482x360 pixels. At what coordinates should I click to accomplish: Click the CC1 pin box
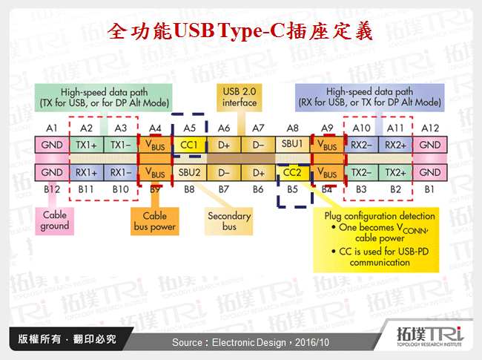coord(189,145)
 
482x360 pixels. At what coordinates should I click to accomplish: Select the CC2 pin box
coord(293,172)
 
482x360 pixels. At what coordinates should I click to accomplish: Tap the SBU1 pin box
coord(293,145)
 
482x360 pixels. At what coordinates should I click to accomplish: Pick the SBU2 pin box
coord(189,172)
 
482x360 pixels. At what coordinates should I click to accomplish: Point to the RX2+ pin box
coord(395,145)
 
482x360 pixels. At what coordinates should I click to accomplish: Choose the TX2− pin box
coord(360,172)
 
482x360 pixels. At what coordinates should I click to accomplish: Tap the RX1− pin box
coord(120,172)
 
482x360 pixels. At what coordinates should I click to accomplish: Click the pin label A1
coord(51,128)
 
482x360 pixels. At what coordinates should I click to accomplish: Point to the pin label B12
coord(51,190)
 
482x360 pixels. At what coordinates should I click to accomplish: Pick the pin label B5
coord(293,190)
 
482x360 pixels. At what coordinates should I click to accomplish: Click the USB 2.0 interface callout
coord(239,97)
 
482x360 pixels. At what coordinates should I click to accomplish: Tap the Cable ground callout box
coord(55,220)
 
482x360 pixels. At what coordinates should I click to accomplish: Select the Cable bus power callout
coord(154,221)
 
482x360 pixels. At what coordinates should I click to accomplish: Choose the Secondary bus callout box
coord(228,221)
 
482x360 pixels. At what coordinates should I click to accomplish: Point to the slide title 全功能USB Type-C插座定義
coord(240,32)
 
